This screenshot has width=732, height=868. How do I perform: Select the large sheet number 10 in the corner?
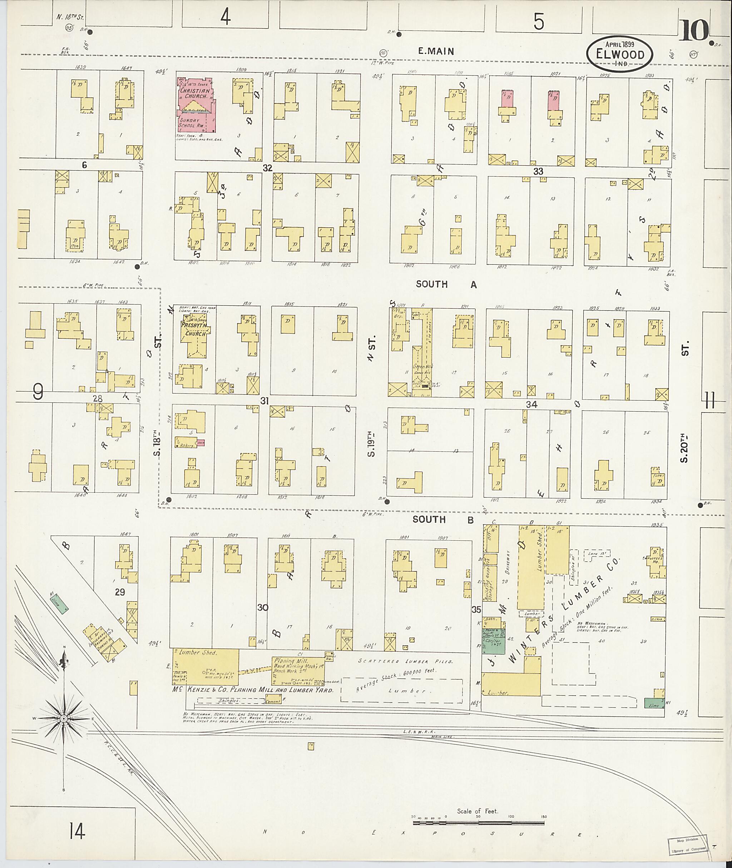pyautogui.click(x=694, y=31)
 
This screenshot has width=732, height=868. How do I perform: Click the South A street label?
pyautogui.click(x=446, y=284)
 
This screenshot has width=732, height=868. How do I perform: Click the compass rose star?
pyautogui.click(x=64, y=719)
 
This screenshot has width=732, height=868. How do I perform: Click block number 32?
pyautogui.click(x=267, y=168)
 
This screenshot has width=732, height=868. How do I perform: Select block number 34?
pyautogui.click(x=531, y=404)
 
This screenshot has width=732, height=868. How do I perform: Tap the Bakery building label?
pyautogui.click(x=188, y=446)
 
